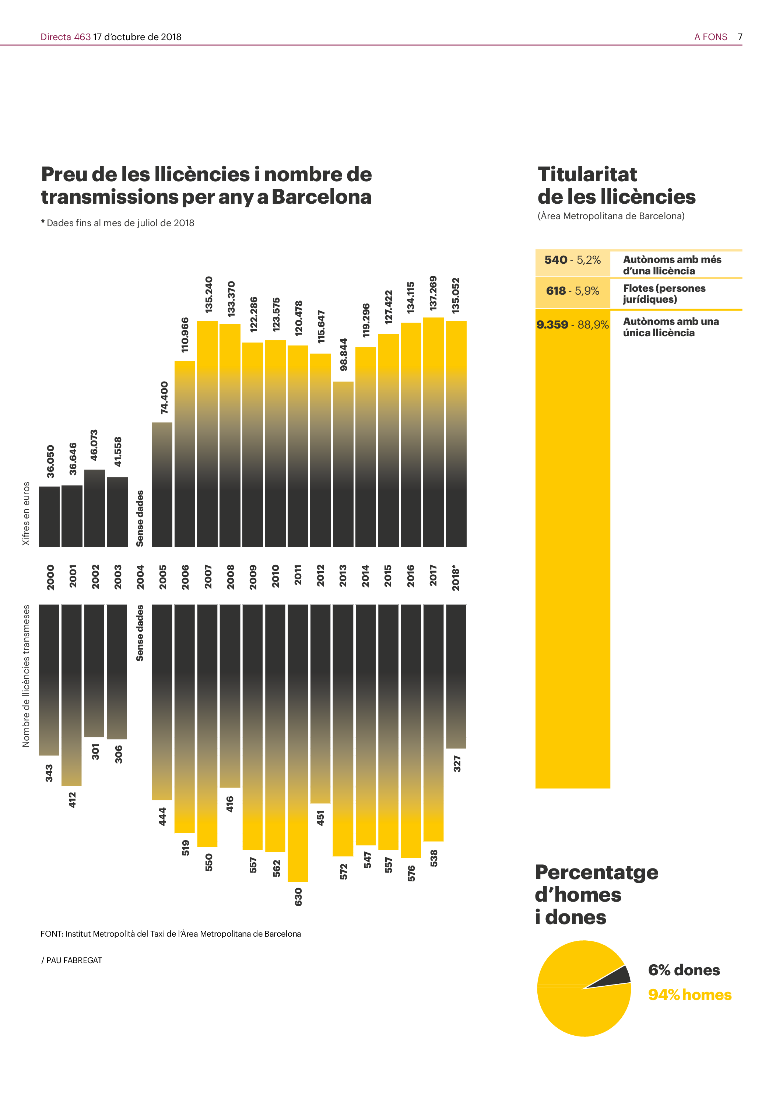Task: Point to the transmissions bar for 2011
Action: coord(298,743)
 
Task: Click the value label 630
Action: coord(298,896)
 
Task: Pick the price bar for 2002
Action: coord(95,508)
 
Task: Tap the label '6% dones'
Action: coord(684,969)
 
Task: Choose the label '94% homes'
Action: coord(689,994)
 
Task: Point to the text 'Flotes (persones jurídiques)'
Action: coord(664,294)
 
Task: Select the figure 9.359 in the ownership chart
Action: coord(552,324)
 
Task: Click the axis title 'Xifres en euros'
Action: coord(26,513)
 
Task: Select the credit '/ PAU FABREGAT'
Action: coord(72,960)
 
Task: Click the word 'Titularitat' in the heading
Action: coord(587,174)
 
